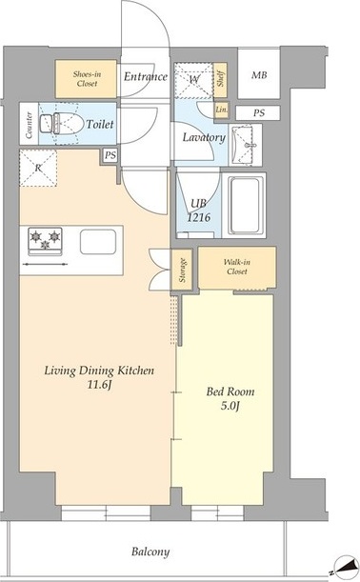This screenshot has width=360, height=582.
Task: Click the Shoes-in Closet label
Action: [x=87, y=79]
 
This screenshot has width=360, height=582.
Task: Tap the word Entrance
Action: [x=145, y=76]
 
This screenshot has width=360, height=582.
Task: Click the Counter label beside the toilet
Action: [x=29, y=125]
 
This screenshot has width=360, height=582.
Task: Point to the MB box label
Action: [x=259, y=75]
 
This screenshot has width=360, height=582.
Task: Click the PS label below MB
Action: [x=259, y=112]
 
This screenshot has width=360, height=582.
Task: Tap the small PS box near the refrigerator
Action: [x=110, y=155]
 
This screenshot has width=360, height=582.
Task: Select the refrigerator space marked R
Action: [x=38, y=168]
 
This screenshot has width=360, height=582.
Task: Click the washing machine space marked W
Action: [x=193, y=80]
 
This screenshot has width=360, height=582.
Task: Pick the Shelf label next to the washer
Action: [x=220, y=79]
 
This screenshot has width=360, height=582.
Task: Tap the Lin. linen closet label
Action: [x=221, y=110]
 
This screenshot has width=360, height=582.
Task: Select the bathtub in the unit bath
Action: [x=246, y=205]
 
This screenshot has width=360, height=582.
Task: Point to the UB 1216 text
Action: [x=198, y=211]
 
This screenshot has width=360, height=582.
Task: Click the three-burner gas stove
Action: [x=45, y=241]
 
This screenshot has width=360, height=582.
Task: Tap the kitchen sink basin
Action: [x=98, y=242]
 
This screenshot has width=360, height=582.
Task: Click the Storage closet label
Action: [x=182, y=270]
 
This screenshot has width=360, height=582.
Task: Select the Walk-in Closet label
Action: [x=237, y=267]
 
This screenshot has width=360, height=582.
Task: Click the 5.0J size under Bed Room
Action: [x=230, y=406]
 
